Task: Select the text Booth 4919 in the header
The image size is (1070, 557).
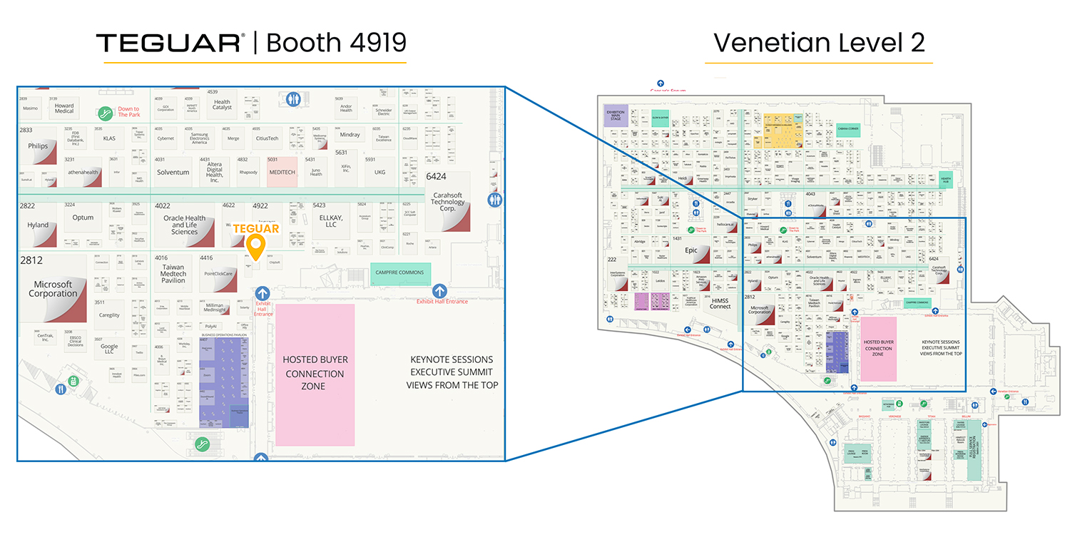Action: [336, 43]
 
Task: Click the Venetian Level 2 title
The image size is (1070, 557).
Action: [819, 43]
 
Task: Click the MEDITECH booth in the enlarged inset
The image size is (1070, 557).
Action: [282, 173]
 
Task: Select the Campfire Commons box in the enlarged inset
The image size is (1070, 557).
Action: [400, 272]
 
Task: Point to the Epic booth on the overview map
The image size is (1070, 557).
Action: [691, 250]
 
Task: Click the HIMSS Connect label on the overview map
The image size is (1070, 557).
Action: [720, 303]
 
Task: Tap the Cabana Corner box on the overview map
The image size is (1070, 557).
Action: [848, 129]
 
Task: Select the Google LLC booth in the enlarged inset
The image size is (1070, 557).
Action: [109, 348]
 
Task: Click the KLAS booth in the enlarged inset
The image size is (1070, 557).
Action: [109, 138]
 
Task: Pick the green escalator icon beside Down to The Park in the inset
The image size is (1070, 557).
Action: [106, 113]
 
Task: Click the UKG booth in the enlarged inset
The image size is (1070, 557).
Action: [379, 173]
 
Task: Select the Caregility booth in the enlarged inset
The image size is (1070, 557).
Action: [109, 315]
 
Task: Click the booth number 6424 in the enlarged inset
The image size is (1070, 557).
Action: [437, 176]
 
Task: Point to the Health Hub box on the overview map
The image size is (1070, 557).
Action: [946, 180]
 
